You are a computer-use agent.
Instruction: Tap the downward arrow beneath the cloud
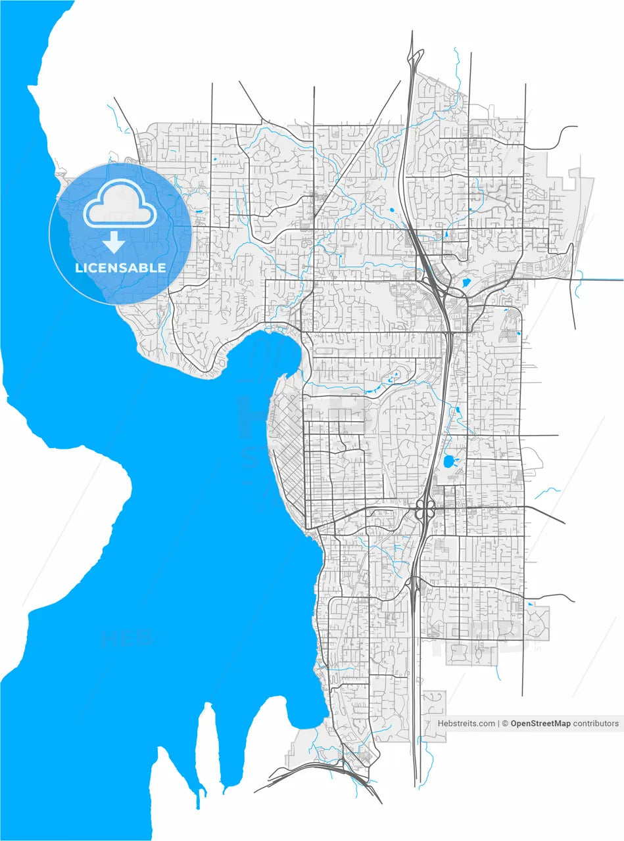(x=114, y=242)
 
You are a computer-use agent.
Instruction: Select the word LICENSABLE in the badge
(x=120, y=268)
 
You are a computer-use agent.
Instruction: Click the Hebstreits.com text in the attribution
(x=466, y=723)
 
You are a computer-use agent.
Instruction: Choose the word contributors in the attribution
(x=596, y=723)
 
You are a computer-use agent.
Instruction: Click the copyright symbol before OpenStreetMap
(x=505, y=723)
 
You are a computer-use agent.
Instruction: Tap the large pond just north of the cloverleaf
(x=451, y=461)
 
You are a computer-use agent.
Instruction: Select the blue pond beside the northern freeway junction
(x=467, y=283)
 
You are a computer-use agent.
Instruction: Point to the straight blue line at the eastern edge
(x=602, y=280)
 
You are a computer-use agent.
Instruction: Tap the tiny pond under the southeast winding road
(x=530, y=604)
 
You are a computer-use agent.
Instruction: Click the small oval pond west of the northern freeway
(x=391, y=210)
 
